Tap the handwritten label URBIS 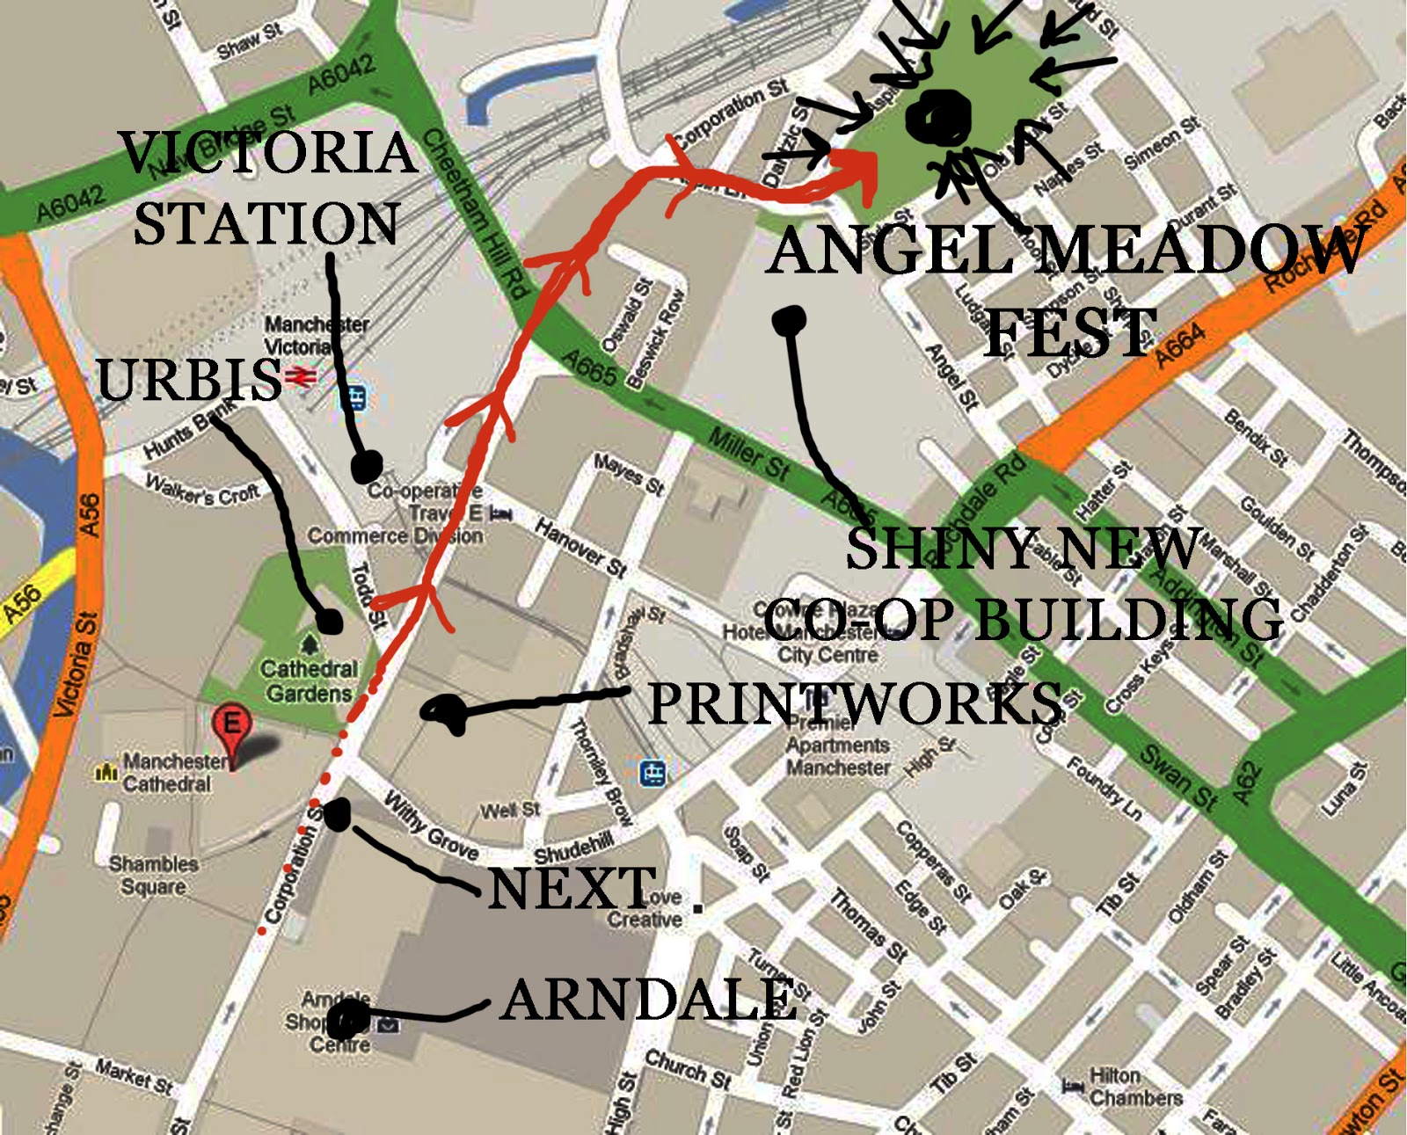click(188, 380)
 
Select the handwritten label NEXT click(572, 888)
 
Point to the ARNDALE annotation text click(649, 1000)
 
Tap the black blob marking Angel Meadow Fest click(940, 117)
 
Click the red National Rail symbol click(300, 377)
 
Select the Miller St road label click(748, 453)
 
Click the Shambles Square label click(153, 875)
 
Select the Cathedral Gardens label click(309, 681)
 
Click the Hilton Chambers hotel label click(1134, 1088)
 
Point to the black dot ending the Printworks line click(447, 712)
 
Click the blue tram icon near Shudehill click(652, 773)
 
